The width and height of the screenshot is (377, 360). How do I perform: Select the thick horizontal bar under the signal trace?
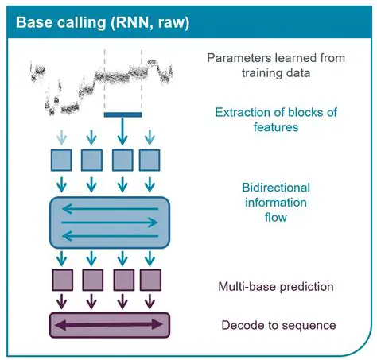coord(122,114)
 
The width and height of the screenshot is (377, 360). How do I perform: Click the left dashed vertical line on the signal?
coord(105,79)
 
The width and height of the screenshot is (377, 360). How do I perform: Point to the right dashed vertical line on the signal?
coord(141,79)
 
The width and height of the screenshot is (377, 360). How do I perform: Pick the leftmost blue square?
coord(63,161)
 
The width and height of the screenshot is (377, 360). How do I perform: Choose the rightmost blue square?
coord(150,161)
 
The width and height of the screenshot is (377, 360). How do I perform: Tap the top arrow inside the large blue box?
coord(110,210)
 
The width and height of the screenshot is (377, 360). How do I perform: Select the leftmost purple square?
coord(63,282)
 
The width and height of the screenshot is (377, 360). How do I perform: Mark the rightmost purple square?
coord(150,282)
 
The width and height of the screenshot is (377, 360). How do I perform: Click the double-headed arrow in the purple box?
coord(110,325)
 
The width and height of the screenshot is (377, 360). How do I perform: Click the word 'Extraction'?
coord(244,112)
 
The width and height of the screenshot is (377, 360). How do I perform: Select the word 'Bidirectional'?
coord(275,188)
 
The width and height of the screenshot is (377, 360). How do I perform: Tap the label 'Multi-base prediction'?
coord(275,286)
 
